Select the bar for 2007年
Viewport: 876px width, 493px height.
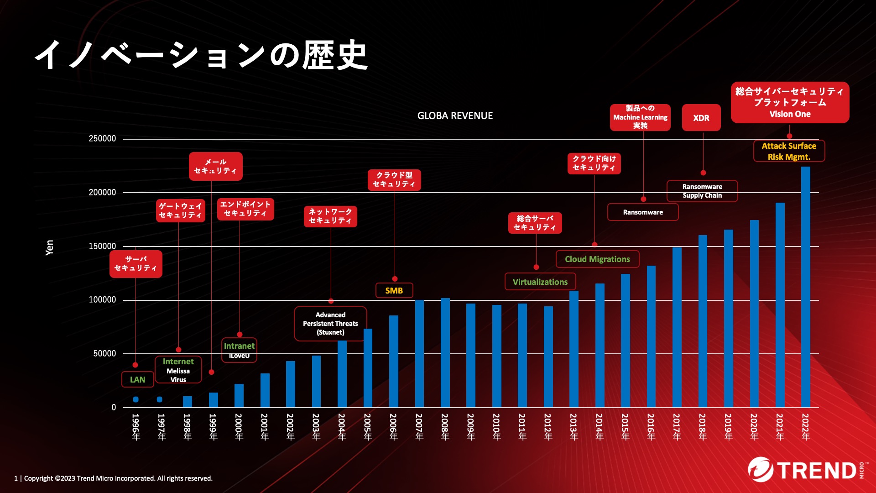[419, 353]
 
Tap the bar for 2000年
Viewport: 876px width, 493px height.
[239, 395]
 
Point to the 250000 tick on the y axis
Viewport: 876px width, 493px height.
[102, 139]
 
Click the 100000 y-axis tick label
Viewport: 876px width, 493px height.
[102, 300]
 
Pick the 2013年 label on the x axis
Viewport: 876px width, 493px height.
[574, 427]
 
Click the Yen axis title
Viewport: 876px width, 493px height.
[49, 247]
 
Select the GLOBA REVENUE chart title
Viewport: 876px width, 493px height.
[455, 116]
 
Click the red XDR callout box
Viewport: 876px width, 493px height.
[701, 118]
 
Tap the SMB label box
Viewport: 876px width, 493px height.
[394, 291]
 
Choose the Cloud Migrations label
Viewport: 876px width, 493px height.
[597, 259]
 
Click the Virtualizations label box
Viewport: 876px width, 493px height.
[540, 282]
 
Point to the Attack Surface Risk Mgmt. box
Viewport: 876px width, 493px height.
[789, 151]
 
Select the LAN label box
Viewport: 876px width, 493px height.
[137, 380]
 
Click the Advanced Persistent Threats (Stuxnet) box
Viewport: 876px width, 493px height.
[330, 324]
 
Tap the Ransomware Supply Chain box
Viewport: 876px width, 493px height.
[702, 191]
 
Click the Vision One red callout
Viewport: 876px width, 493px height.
[790, 103]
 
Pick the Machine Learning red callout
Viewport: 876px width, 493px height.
[640, 117]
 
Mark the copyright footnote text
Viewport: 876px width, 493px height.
[114, 478]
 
